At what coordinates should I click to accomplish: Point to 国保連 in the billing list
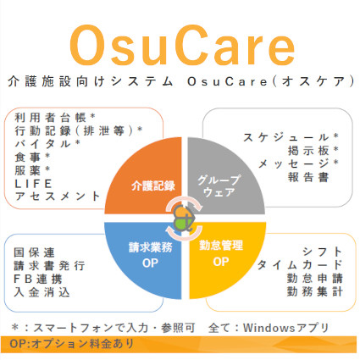pyautogui.click(x=35, y=252)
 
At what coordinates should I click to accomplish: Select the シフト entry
pyautogui.click(x=323, y=252)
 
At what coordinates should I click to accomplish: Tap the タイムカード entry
pyautogui.click(x=301, y=264)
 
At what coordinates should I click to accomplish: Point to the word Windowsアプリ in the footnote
pyautogui.click(x=296, y=327)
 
